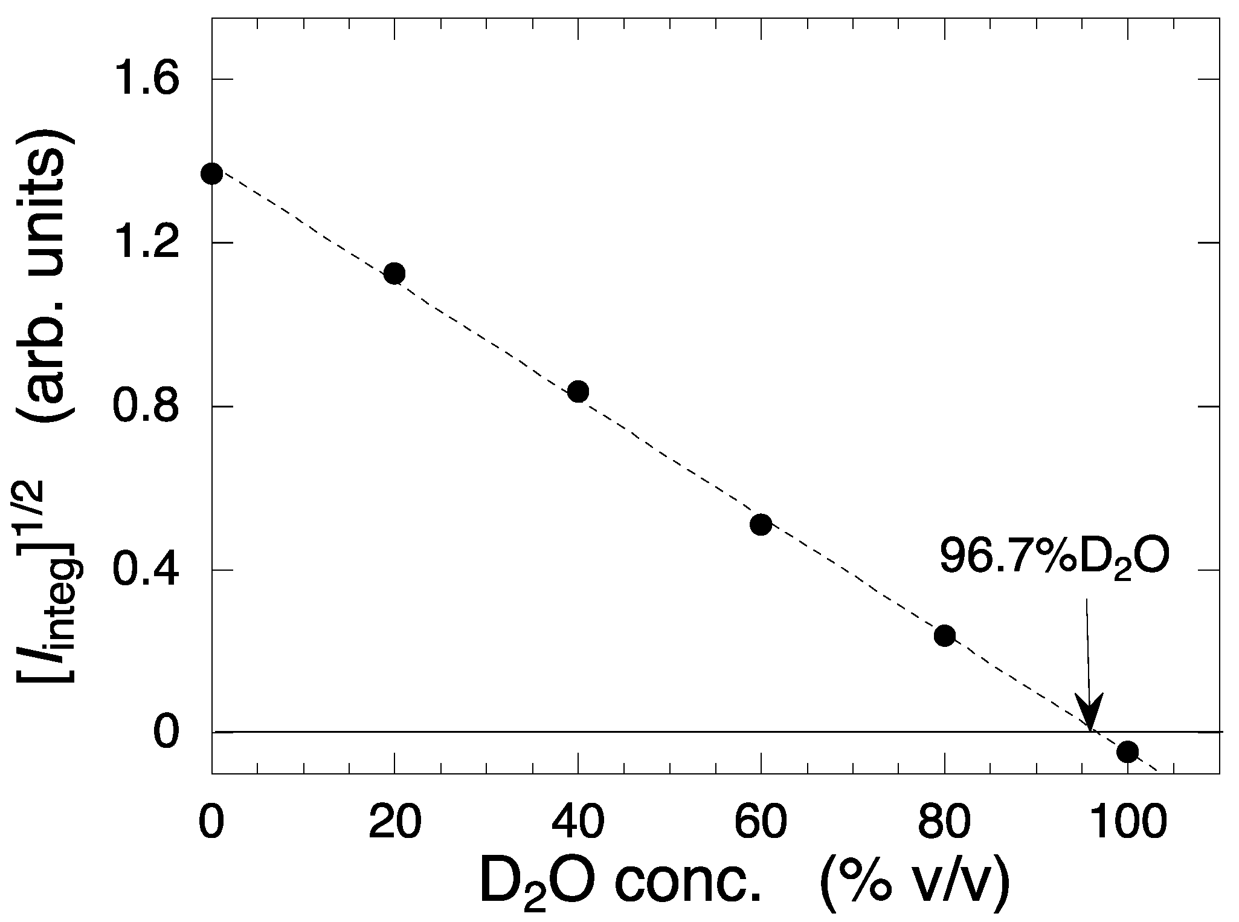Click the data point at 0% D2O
click(x=211, y=174)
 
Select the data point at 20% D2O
click(x=394, y=273)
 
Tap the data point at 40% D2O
click(x=578, y=391)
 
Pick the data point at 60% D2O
click(x=761, y=524)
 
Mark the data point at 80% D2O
click(x=944, y=635)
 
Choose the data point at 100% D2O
click(x=1127, y=752)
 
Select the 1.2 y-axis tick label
click(x=146, y=243)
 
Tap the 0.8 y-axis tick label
click(x=146, y=406)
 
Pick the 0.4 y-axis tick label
click(x=146, y=570)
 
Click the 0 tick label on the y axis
click(x=167, y=732)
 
